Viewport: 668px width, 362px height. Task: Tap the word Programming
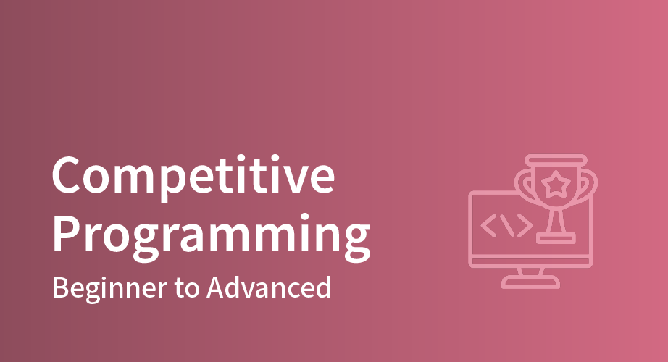(211, 235)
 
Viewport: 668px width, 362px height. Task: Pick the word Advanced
(268, 287)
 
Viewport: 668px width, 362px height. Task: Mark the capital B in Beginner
(61, 287)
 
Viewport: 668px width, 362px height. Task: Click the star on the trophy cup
(556, 184)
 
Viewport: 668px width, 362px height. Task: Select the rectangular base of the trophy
(556, 238)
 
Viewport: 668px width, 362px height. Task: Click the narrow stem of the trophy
(556, 221)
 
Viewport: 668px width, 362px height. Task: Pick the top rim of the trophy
(556, 160)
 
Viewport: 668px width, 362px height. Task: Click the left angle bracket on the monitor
(488, 225)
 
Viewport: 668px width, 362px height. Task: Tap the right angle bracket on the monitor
(525, 225)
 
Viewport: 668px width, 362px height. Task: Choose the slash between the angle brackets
(507, 225)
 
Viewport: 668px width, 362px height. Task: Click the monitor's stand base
(530, 282)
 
